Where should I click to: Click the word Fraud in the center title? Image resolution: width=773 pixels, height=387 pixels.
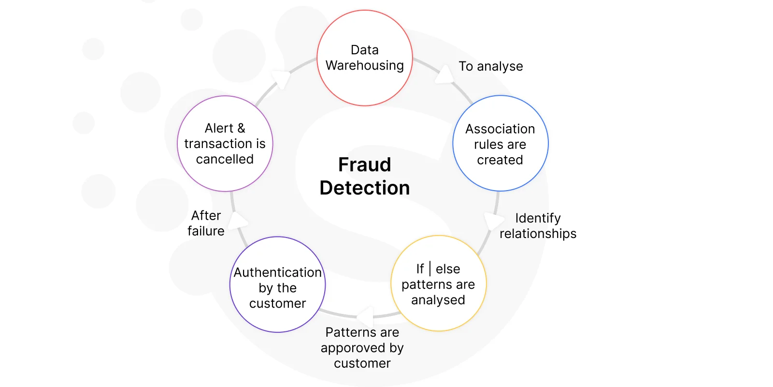click(364, 164)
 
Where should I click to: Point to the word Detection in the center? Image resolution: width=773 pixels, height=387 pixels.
click(364, 188)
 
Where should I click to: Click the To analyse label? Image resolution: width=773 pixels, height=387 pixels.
click(491, 66)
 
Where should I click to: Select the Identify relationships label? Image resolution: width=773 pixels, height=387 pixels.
click(538, 226)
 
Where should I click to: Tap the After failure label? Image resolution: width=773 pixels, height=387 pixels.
click(206, 223)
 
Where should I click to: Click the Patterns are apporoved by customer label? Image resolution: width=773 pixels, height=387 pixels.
click(362, 348)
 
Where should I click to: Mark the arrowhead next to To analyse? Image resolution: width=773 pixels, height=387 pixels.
click(444, 74)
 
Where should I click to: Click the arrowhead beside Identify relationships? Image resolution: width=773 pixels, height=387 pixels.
click(493, 221)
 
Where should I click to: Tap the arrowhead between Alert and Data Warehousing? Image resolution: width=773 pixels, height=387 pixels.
click(281, 79)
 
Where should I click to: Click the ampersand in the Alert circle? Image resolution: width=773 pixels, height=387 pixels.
click(241, 128)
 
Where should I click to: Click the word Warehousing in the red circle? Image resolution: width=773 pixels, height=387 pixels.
click(364, 66)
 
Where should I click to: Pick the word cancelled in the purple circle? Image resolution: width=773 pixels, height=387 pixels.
click(225, 159)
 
